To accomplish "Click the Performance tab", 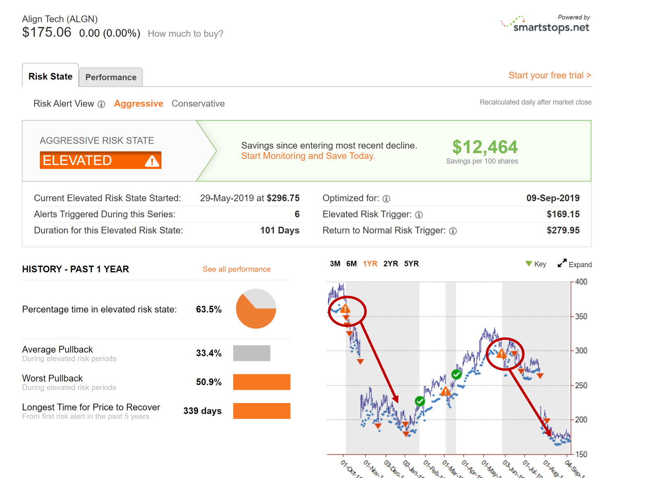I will tap(111, 77).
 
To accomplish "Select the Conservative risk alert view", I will tap(198, 104).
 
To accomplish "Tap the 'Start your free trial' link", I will tap(549, 75).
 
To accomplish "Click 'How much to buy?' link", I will tap(185, 34).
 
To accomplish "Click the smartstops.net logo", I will tap(546, 26).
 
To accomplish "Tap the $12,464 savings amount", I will tap(484, 147).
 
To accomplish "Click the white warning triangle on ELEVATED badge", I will tap(152, 161).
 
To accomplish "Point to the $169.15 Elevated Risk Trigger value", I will tap(563, 214).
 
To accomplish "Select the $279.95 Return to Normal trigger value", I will tap(563, 231).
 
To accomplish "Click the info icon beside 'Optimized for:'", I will tap(386, 199).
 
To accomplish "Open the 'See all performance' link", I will tap(236, 269).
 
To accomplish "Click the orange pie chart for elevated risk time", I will tap(256, 309).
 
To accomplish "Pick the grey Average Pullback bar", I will tap(252, 353).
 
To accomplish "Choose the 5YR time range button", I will tap(411, 264).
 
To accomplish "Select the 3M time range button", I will tap(335, 264).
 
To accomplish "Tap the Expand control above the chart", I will tap(575, 264).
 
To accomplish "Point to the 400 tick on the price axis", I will tap(581, 282).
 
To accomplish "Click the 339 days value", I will tap(202, 411).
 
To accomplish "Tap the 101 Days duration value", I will tap(279, 231).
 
